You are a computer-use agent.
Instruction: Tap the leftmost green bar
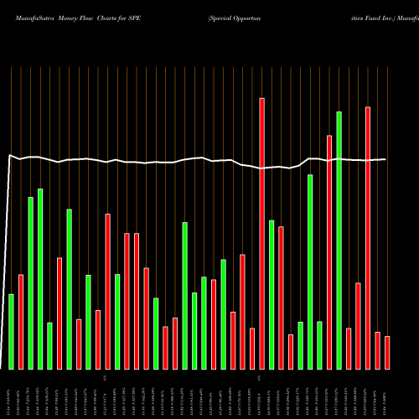pos(11,331)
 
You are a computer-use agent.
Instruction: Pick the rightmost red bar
pos(387,352)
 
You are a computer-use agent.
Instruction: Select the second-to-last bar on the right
pos(377,350)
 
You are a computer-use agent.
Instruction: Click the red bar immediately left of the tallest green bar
pos(329,251)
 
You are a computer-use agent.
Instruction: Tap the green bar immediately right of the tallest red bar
pos(272,294)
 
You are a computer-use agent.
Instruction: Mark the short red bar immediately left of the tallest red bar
pos(251,348)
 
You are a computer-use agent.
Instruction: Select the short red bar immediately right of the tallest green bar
pos(349,348)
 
